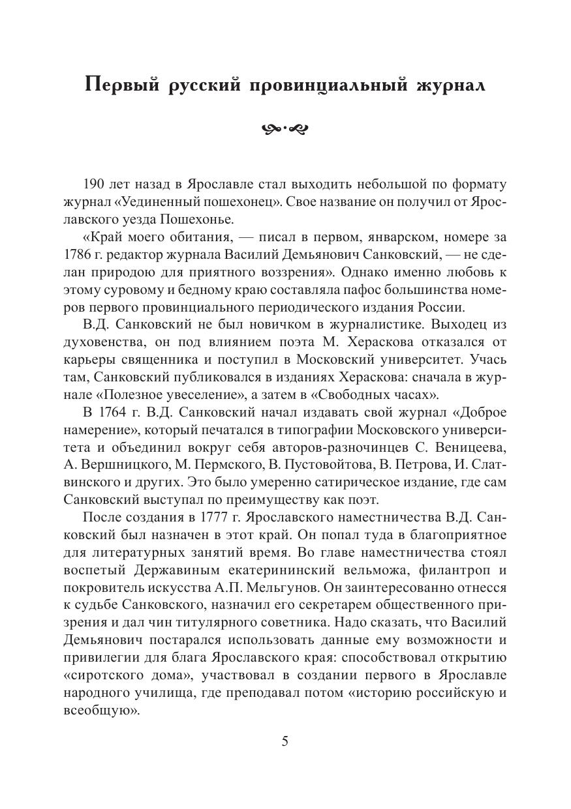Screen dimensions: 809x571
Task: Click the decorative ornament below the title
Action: click(285, 128)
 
